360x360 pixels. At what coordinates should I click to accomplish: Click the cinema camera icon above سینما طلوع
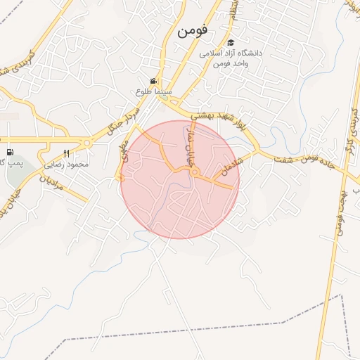coord(153,82)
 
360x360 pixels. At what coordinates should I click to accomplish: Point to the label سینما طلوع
coord(153,92)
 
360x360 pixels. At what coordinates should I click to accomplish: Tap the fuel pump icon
coord(9,153)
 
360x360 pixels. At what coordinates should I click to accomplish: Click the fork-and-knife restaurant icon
coord(67,153)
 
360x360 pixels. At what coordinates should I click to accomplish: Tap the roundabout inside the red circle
coord(195,172)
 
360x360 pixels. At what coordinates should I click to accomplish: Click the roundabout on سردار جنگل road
coord(86,143)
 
